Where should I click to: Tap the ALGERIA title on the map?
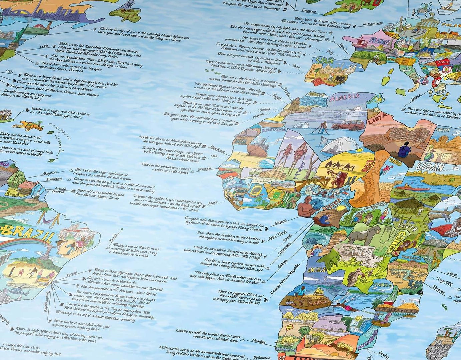click(345, 98)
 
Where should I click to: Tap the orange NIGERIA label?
click(332, 203)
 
